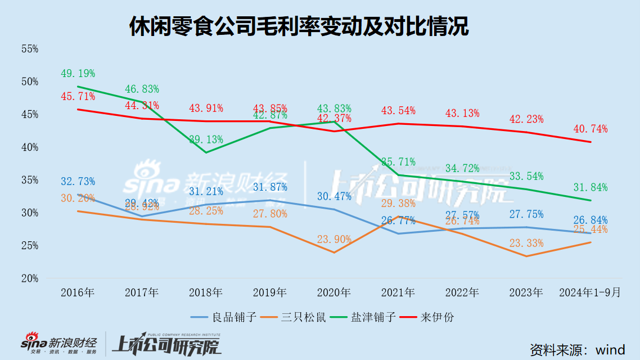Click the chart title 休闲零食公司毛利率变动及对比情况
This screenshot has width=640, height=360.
299,26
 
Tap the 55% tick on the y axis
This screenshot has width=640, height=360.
30,49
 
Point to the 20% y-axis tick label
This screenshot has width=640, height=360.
30,278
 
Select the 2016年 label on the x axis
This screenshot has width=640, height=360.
78,293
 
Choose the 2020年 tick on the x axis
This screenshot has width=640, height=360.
334,293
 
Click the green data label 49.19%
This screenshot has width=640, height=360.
78,74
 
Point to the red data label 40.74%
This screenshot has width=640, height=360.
591,129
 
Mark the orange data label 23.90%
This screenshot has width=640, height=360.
334,240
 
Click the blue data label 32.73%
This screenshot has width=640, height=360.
78,181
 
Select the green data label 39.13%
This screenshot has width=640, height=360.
206,139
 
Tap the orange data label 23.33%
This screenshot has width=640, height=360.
526,243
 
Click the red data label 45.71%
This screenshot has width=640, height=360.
78,97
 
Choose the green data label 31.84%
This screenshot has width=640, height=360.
591,187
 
